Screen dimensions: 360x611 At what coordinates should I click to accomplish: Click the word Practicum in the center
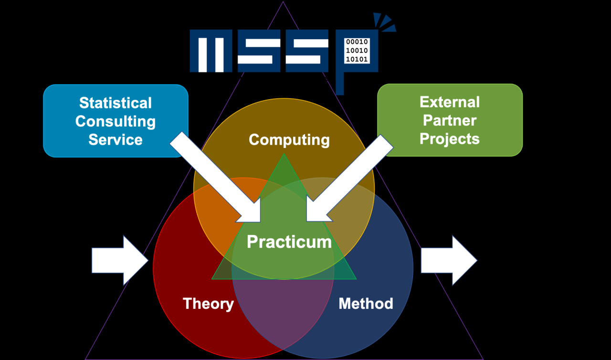289,242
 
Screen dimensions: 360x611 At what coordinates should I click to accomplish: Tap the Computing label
289,139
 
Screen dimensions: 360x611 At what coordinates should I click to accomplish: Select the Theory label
208,304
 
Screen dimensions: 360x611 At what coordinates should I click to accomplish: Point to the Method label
366,304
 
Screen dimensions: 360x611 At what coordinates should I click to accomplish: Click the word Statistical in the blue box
116,103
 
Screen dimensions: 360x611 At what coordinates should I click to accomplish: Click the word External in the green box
450,102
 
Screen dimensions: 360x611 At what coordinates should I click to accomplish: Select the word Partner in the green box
450,120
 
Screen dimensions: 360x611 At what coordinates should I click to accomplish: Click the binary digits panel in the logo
357,51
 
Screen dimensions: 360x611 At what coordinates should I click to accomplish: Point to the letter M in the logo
211,51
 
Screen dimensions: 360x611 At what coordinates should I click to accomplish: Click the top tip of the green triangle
284,155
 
